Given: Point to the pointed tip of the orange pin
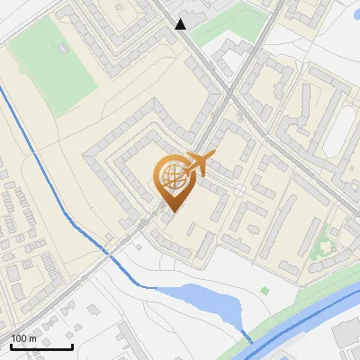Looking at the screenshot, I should point(171,211).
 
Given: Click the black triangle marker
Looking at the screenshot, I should point(182,24).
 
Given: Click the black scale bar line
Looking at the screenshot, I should point(41,346).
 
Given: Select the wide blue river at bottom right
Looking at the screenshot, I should point(306,319).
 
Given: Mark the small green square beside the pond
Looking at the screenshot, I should point(265,291).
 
